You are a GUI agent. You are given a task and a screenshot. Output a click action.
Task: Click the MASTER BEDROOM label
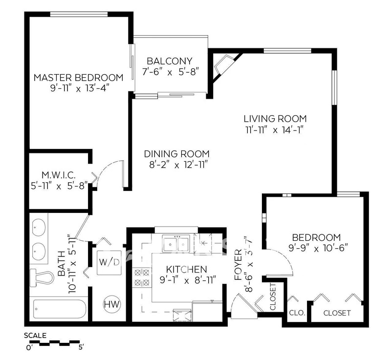point(78,78)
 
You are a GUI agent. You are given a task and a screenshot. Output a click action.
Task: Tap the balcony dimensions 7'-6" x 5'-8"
point(170,72)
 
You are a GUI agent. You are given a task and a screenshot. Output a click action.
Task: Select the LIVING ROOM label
point(275,119)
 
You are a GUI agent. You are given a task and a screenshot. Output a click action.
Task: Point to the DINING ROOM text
point(177,154)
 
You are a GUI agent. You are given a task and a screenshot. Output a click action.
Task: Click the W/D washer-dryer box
point(109,262)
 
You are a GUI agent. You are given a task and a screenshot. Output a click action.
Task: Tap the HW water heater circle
point(112,304)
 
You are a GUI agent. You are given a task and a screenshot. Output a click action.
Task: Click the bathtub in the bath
point(60,309)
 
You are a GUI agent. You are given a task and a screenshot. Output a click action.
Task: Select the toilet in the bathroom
point(42,278)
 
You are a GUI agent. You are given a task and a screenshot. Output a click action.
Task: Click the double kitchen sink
point(176,243)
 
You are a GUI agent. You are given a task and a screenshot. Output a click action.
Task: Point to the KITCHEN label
point(187,269)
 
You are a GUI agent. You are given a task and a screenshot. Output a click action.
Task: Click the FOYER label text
point(239,264)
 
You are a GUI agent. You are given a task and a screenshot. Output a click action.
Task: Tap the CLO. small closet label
point(297,313)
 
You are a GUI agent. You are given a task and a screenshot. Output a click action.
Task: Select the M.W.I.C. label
point(59,175)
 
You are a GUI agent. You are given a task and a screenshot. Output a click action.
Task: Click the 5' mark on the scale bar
point(81,347)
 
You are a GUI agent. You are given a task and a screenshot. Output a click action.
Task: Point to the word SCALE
point(35,336)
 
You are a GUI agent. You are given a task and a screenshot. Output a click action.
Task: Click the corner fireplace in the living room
point(223,65)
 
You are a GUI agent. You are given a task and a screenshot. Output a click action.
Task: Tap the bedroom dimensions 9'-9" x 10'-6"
point(318,248)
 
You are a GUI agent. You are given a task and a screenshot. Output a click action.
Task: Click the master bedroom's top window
point(79,14)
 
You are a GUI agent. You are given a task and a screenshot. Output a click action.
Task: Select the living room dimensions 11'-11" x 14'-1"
point(275,130)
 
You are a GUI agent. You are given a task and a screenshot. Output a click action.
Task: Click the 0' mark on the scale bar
point(29,347)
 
